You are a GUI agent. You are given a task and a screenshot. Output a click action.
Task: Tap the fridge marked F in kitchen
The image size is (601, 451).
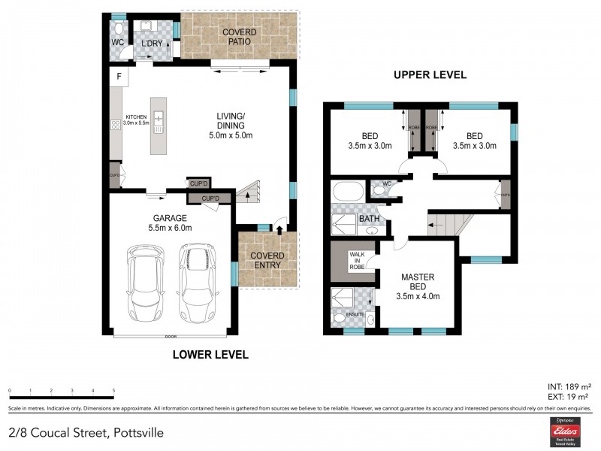tap(118, 77)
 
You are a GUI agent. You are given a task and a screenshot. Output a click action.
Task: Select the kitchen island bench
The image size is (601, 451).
tap(159, 126)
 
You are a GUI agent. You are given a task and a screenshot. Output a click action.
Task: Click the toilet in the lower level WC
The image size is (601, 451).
tap(119, 29)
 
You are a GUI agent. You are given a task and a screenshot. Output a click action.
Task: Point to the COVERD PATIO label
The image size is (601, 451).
tap(239, 37)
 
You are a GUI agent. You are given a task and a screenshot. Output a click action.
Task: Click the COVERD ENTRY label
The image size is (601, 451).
tap(267, 260)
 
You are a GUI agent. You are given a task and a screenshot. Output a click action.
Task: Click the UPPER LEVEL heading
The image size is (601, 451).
tap(430, 74)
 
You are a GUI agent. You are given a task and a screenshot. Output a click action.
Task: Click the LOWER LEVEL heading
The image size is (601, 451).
tap(210, 354)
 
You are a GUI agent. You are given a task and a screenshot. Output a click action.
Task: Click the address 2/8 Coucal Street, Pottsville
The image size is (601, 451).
tap(86, 433)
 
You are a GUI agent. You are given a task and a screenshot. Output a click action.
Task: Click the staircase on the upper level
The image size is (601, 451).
tap(449, 222)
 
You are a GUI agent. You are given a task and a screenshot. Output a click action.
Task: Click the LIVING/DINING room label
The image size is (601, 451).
tap(231, 126)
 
